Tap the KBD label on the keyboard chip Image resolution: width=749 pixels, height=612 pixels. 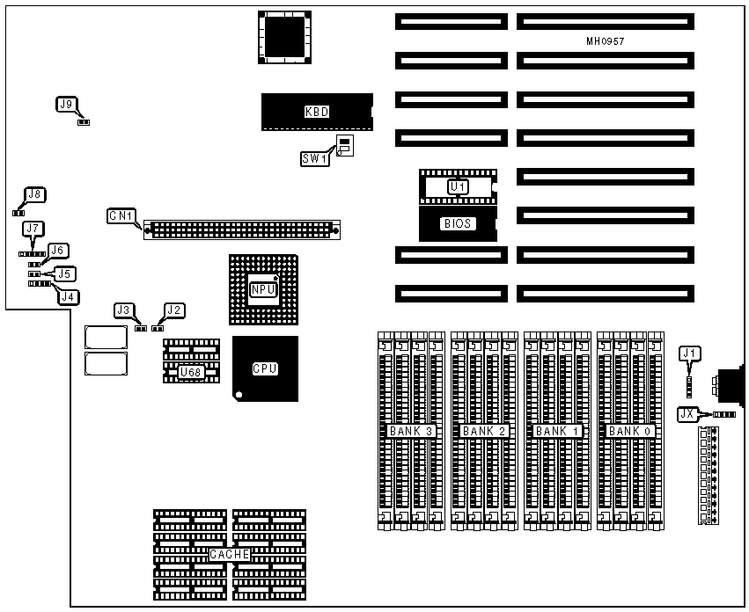(317, 112)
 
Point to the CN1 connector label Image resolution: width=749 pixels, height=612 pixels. (121, 215)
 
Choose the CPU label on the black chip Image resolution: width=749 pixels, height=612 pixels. (265, 369)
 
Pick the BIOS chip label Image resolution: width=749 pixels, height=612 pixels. (458, 223)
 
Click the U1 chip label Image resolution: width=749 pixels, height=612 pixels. (458, 186)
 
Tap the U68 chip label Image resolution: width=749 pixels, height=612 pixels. (190, 372)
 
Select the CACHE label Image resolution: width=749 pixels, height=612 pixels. (230, 555)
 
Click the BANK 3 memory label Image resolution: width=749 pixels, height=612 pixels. (409, 431)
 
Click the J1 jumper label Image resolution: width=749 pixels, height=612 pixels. (691, 353)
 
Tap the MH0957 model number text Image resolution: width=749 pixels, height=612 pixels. (605, 41)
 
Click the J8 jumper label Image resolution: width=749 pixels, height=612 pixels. (35, 194)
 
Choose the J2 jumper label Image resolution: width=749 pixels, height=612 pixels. (174, 310)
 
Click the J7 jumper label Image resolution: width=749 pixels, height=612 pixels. (33, 229)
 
